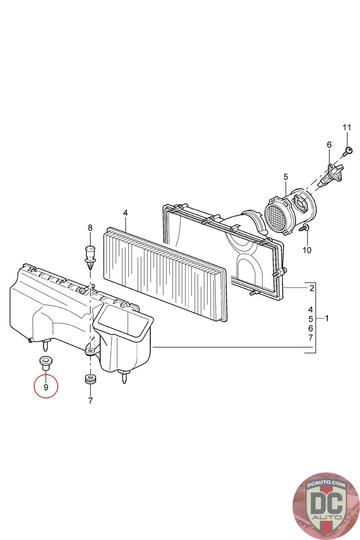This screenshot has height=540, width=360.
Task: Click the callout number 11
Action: (x=347, y=127)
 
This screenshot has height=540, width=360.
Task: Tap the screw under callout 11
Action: (x=347, y=151)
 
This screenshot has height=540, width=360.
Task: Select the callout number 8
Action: (x=90, y=227)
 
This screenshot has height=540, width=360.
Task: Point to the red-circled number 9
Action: (x=46, y=387)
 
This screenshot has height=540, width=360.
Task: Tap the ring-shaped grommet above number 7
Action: (x=90, y=379)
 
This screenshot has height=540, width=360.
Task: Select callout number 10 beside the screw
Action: (x=307, y=250)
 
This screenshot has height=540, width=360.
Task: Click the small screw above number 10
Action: (x=304, y=227)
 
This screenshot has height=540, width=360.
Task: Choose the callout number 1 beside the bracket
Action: (x=327, y=319)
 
